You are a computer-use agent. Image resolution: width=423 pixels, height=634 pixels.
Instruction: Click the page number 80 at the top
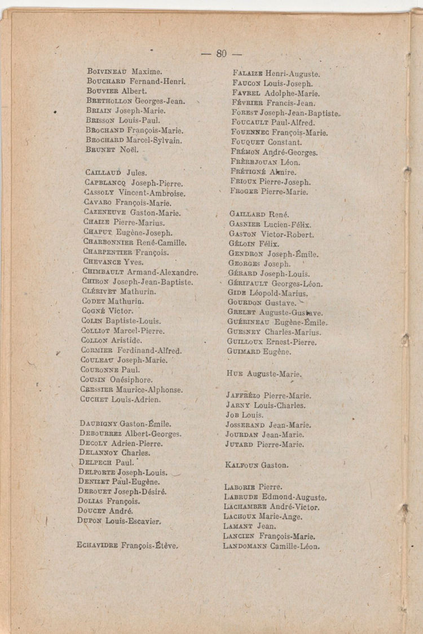point(221,54)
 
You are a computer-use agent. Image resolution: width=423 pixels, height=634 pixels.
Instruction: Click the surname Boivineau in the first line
point(108,72)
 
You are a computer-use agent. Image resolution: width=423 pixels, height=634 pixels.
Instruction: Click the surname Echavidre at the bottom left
point(97,546)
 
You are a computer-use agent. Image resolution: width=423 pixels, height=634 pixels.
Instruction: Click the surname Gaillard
point(247,215)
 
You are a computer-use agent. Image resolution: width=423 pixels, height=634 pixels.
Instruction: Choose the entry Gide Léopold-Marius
point(267,294)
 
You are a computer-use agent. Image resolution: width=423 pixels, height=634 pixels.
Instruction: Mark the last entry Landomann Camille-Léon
point(271,547)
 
